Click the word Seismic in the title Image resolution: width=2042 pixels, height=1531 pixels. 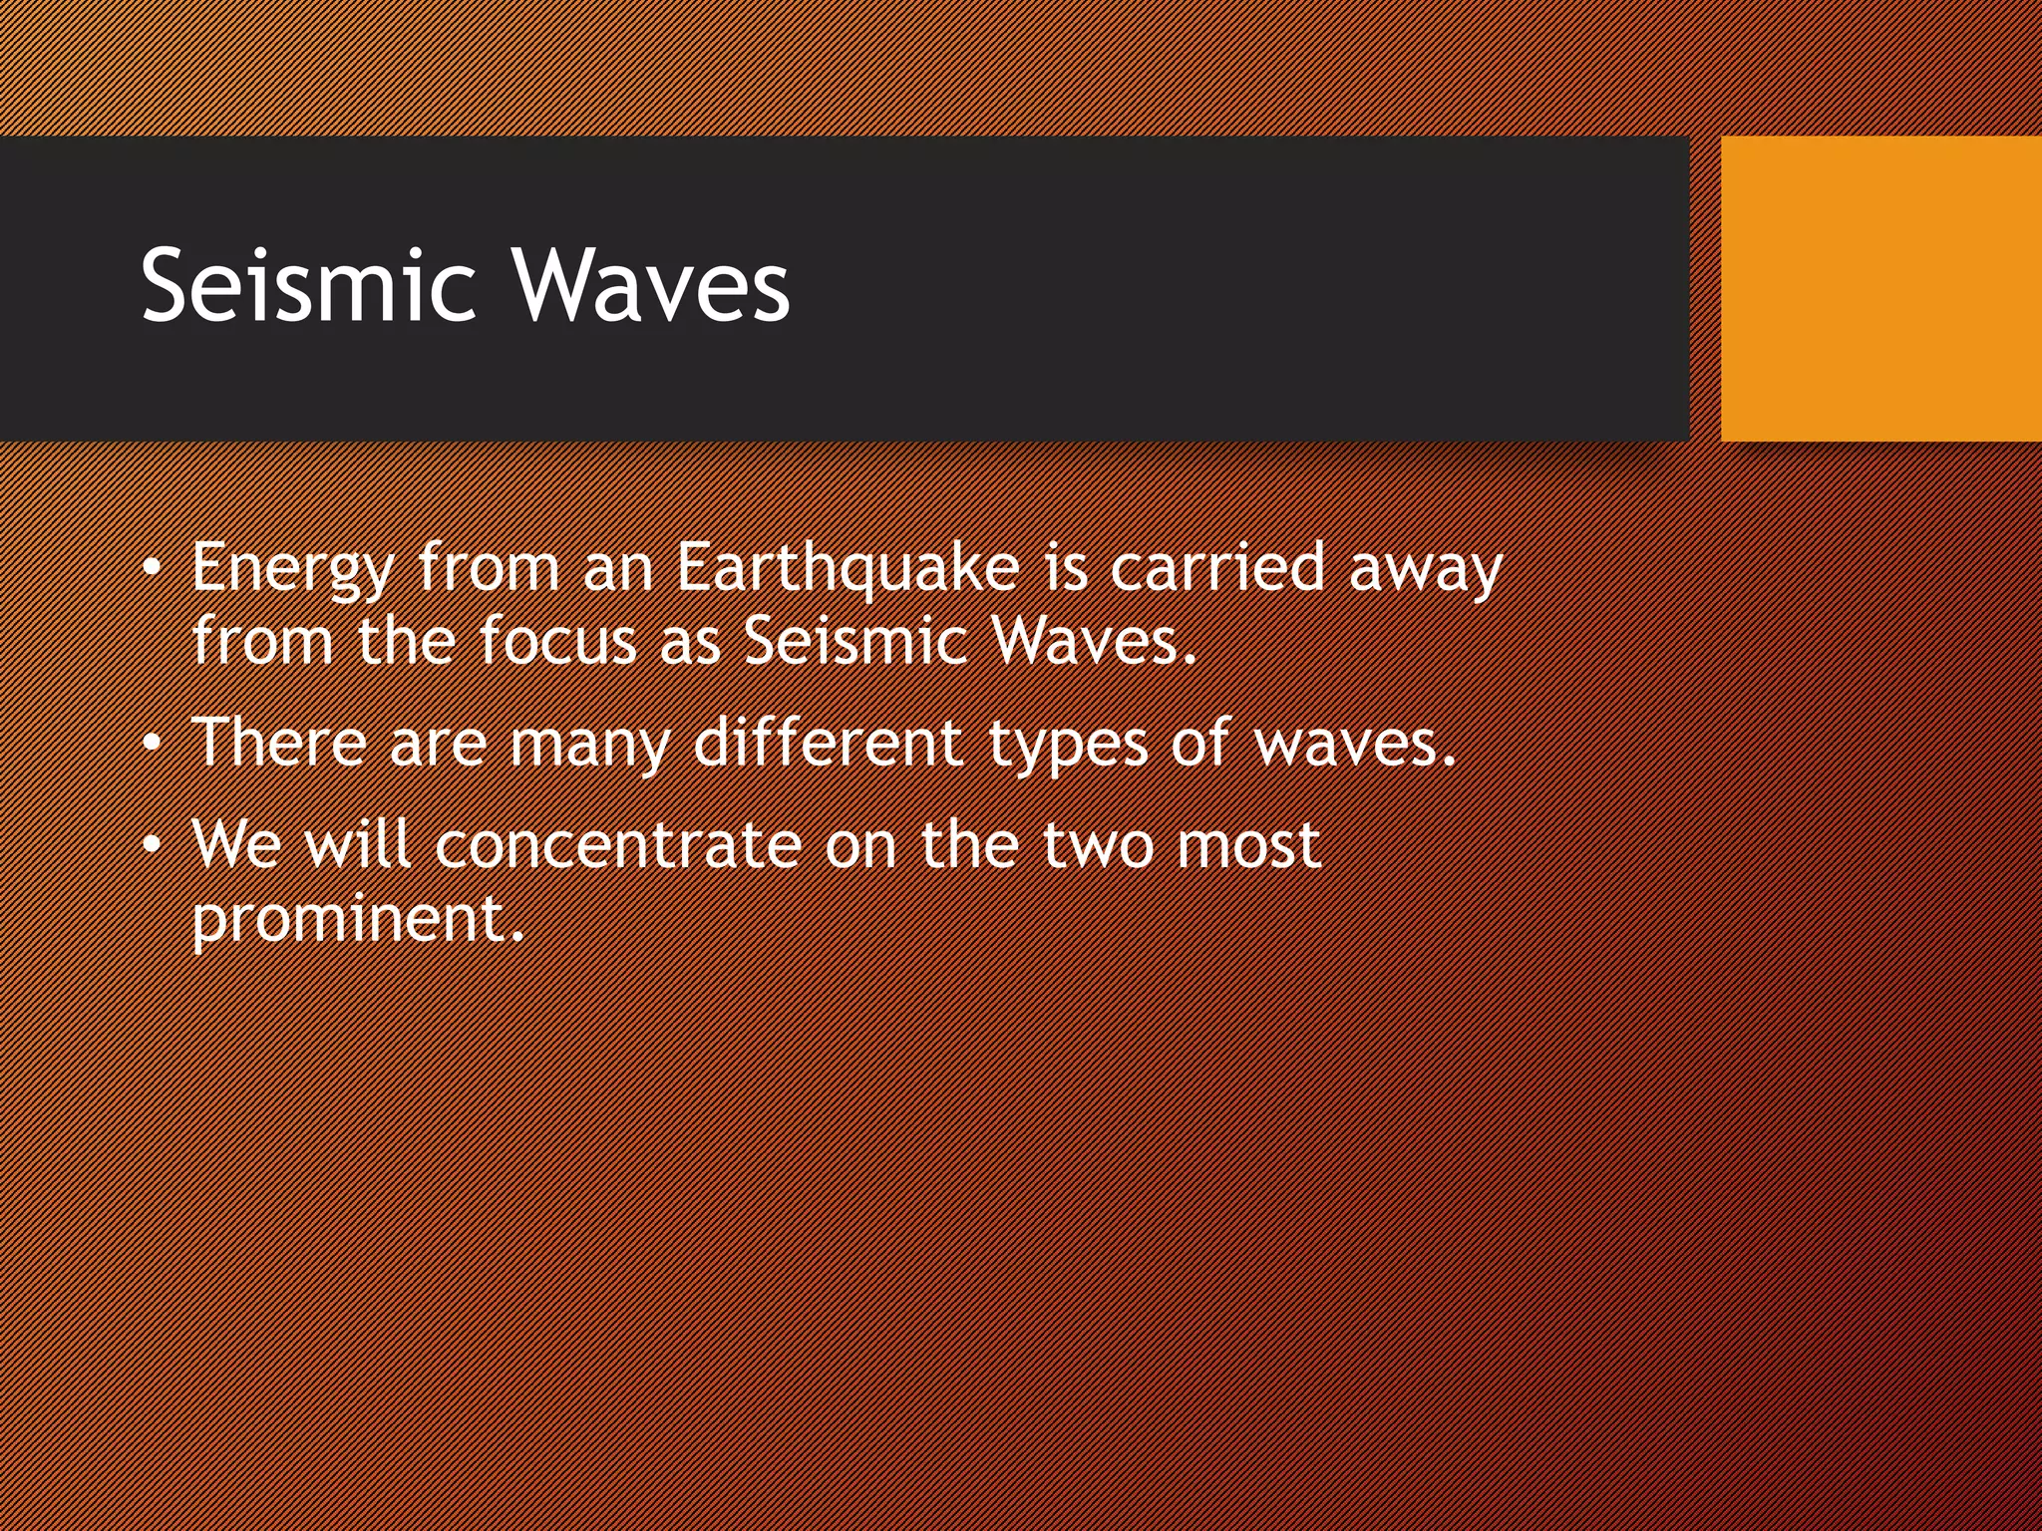click(307, 286)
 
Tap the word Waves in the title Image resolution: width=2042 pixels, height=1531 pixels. click(651, 286)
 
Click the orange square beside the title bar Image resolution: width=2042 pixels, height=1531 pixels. click(1880, 289)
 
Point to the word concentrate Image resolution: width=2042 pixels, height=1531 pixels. click(618, 845)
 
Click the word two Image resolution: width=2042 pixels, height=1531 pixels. click(1098, 845)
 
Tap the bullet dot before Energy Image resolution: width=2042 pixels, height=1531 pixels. click(151, 569)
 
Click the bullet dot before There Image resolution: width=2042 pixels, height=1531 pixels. click(151, 744)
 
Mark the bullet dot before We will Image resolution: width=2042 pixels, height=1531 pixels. click(151, 846)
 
